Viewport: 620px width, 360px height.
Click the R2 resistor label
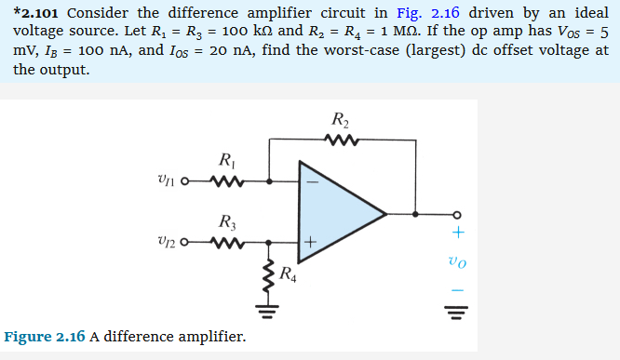339,119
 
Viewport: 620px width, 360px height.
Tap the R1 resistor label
223,160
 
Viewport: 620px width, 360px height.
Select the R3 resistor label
224,222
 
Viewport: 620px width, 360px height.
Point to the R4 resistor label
289,275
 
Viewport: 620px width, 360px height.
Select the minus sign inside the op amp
312,182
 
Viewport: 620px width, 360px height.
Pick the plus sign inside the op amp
312,244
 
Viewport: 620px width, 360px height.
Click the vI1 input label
171,182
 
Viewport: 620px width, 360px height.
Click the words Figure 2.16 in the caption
45,336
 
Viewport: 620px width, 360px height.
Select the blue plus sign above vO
456,233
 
